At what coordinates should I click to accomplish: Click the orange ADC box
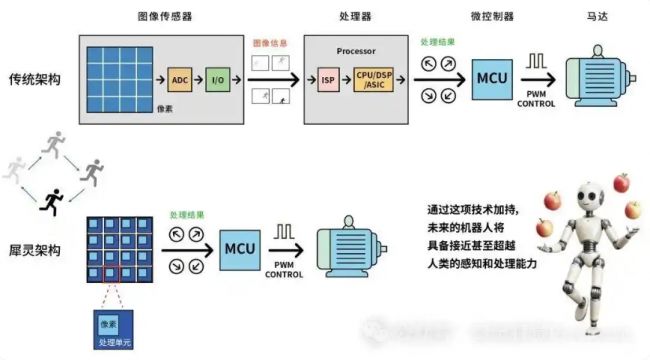click(x=180, y=78)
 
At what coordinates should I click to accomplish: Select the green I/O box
click(x=217, y=78)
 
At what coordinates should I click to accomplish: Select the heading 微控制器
click(x=493, y=17)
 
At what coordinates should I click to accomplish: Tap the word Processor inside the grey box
click(x=355, y=49)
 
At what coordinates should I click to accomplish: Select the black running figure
click(x=47, y=204)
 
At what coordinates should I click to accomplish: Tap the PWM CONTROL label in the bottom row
click(x=285, y=269)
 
